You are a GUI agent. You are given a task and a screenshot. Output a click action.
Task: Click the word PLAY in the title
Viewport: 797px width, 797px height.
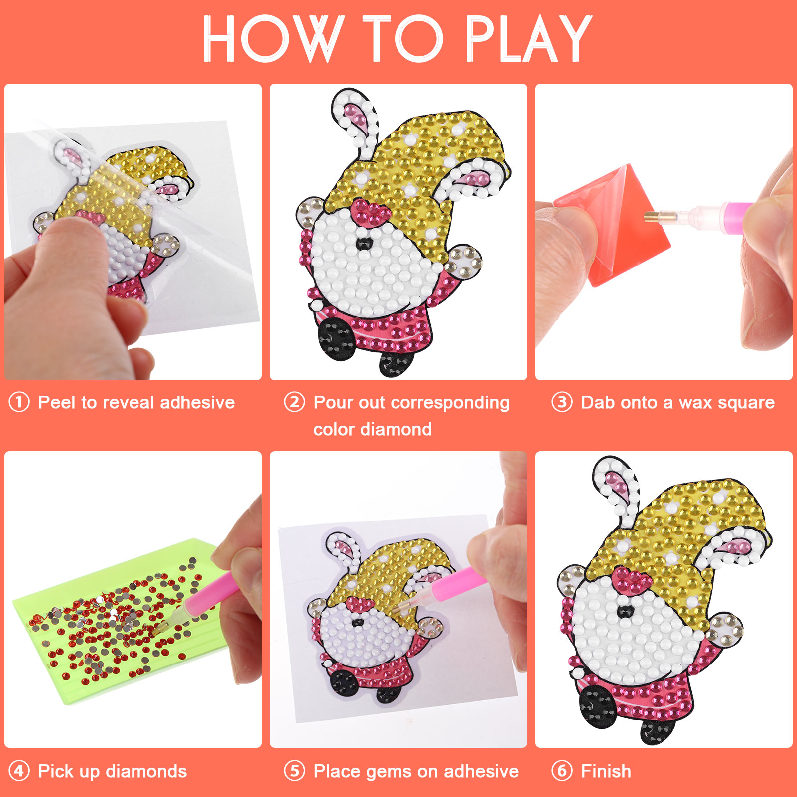pos(529,38)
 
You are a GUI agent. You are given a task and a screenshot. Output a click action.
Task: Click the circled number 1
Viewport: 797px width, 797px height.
pos(19,402)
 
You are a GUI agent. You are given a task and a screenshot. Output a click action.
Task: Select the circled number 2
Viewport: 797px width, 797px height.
pos(294,402)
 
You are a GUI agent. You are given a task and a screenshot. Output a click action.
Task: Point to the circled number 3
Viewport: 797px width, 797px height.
pos(562,402)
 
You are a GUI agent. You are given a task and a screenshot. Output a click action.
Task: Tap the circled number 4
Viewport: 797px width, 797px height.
pos(19,771)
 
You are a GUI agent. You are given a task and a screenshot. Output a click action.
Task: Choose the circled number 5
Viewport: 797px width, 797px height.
pos(294,771)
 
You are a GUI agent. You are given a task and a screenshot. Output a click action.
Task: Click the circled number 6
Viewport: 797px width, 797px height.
pos(562,771)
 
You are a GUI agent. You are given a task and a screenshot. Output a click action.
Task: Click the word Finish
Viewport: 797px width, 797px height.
pos(606,771)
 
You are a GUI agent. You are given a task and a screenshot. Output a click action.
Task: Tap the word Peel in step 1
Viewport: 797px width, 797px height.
pos(58,402)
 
